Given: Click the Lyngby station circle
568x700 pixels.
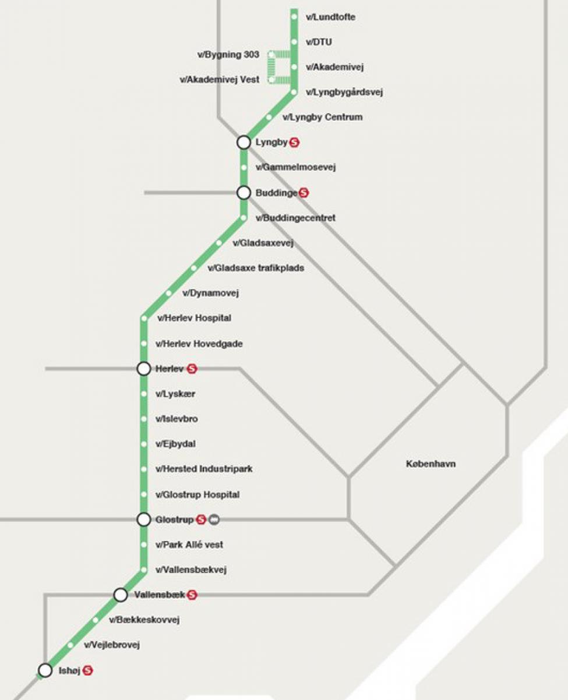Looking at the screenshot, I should [244, 142].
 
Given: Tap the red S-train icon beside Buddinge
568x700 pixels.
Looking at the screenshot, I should [304, 193].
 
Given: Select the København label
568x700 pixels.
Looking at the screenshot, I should [431, 464].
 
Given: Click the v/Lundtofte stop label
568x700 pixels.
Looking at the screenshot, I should [330, 17].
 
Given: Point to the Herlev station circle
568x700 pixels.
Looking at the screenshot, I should [144, 369].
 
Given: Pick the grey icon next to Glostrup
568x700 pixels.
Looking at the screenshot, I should [214, 519].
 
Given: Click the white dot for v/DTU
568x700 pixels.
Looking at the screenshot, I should [294, 42].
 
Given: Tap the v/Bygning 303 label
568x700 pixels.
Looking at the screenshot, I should [228, 55].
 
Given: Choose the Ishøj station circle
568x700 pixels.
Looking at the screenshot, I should [45, 670].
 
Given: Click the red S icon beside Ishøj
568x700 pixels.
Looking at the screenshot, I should [88, 670].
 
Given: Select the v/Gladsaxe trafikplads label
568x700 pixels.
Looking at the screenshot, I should [256, 268].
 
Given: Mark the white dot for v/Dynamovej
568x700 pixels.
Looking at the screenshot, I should [169, 293].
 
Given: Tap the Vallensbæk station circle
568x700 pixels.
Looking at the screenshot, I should [121, 595].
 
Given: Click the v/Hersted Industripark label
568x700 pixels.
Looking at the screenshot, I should [204, 469].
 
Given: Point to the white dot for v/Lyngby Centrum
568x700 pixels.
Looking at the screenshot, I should [269, 117].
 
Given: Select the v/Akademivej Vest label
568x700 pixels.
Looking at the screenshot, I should [220, 80].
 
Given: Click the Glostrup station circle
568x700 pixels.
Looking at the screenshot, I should [144, 519].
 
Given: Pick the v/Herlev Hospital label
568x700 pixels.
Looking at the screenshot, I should [194, 318].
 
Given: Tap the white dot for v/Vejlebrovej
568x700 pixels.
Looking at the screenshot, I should [70, 645].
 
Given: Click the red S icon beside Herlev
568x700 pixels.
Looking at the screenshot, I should [192, 369].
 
